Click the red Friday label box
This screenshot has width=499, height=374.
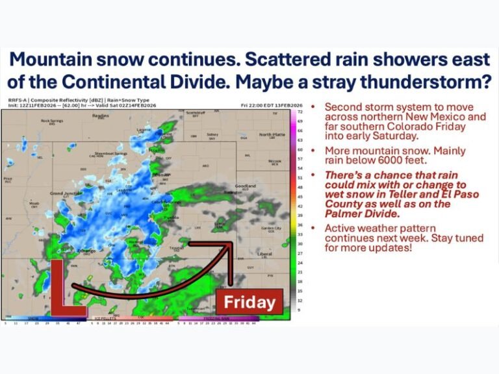tap(249, 302)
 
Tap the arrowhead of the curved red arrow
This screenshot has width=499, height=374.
tap(229, 246)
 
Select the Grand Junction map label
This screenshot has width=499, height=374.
tap(65, 193)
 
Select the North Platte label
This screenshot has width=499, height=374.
tap(272, 134)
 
